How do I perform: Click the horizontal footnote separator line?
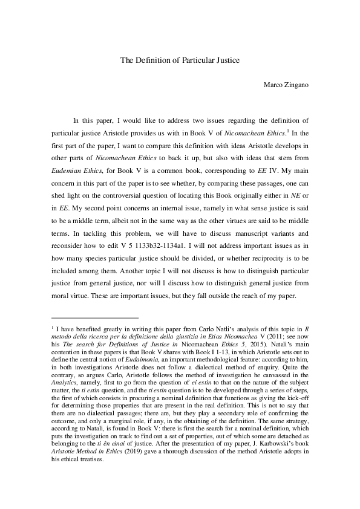click(x=95, y=317)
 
